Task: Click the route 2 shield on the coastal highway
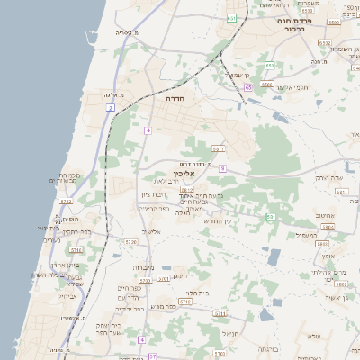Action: [x=111, y=108]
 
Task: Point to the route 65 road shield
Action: [x=247, y=87]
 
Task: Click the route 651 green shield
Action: [x=232, y=17]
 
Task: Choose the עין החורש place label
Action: [x=218, y=220]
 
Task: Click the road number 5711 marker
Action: [x=218, y=148]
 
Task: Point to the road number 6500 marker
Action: [x=266, y=85]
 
